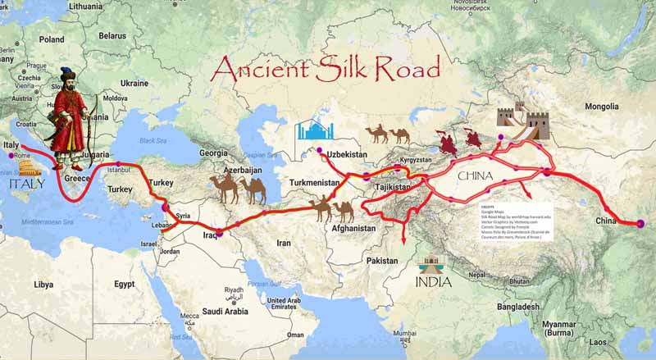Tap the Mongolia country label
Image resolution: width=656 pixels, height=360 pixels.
(602, 107)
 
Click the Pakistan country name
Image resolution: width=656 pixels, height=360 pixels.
(382, 260)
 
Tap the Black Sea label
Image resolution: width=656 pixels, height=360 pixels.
(153, 140)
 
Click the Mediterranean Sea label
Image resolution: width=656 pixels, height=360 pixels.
(48, 222)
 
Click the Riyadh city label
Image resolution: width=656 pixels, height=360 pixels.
(235, 290)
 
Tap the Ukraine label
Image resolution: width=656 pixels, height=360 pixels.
(134, 83)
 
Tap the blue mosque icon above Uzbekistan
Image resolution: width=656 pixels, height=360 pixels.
(315, 131)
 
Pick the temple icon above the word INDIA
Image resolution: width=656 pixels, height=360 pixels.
(430, 267)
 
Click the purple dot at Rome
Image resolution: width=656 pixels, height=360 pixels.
(11, 156)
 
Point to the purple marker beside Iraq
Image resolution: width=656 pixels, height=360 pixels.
(219, 234)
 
